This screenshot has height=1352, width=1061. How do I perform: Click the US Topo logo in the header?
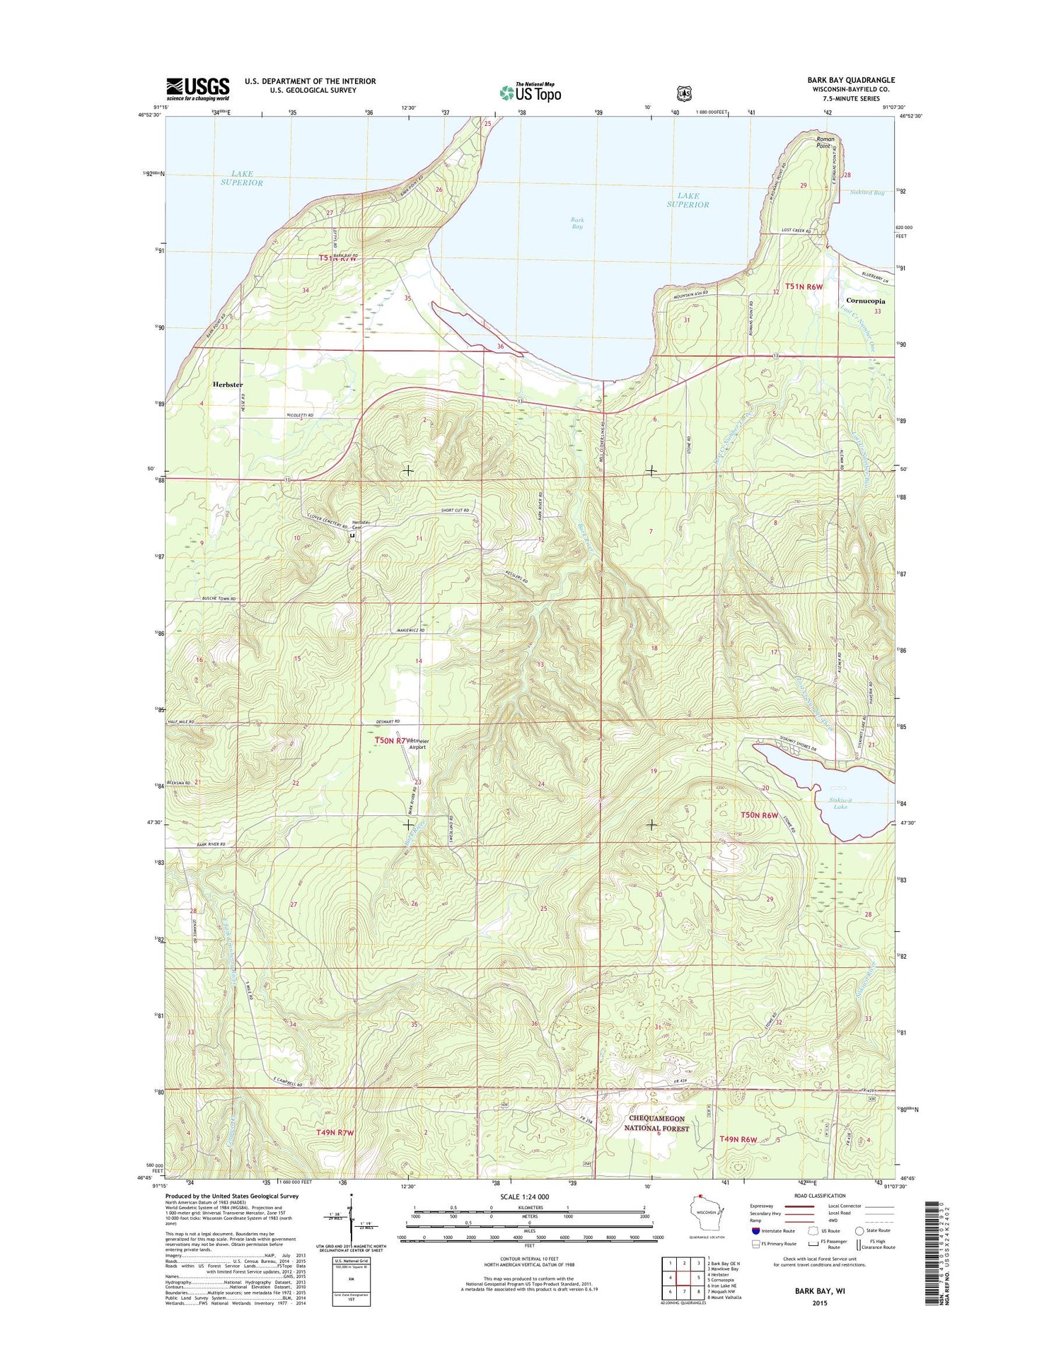(530, 92)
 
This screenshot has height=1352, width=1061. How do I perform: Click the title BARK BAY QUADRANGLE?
(851, 80)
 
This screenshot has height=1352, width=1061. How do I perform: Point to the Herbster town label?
(228, 385)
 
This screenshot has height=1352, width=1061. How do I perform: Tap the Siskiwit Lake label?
(840, 803)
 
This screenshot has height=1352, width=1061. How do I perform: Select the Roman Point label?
(825, 142)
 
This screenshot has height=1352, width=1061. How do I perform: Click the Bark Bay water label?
(577, 223)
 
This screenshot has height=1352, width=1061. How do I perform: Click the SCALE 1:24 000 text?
(524, 1196)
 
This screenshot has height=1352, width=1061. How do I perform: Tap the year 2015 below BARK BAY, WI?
(819, 1303)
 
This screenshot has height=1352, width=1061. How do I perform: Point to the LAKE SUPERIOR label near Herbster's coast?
(241, 178)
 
